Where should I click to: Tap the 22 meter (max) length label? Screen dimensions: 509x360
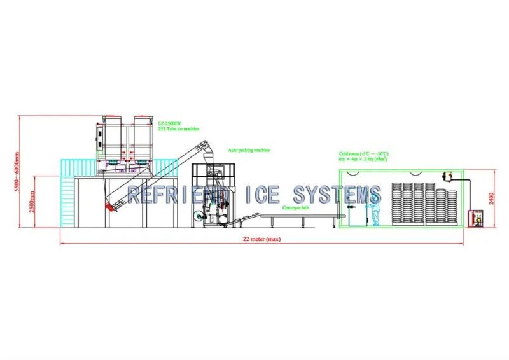coord(261,239)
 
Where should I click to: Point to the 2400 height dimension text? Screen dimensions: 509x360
coord(491,198)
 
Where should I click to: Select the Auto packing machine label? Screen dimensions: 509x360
coord(249,151)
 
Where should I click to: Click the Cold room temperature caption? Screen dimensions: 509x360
coord(365,154)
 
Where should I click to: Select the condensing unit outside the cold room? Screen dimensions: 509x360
coord(475,219)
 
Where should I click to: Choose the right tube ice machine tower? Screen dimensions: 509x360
coord(144,138)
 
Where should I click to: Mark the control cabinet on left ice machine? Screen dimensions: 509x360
coord(98,135)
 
